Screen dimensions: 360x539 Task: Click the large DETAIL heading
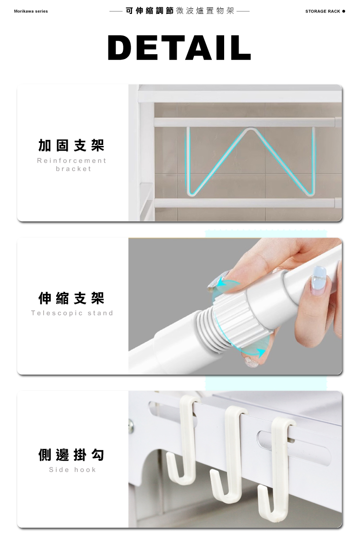pos(179,48)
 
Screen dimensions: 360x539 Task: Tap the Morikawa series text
pos(31,12)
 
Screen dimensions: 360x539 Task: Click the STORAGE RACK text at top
pos(323,12)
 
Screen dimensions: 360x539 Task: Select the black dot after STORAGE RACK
pos(344,12)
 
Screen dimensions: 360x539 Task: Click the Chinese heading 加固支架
pos(72,145)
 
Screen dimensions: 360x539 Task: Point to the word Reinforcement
pos(72,160)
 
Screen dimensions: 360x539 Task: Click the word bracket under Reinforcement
pos(73,169)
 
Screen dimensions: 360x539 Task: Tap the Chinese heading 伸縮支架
pos(72,299)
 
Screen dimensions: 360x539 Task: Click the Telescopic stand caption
pos(72,313)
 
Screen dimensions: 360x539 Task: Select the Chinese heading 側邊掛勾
pos(72,455)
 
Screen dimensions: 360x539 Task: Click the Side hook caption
pos(72,469)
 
